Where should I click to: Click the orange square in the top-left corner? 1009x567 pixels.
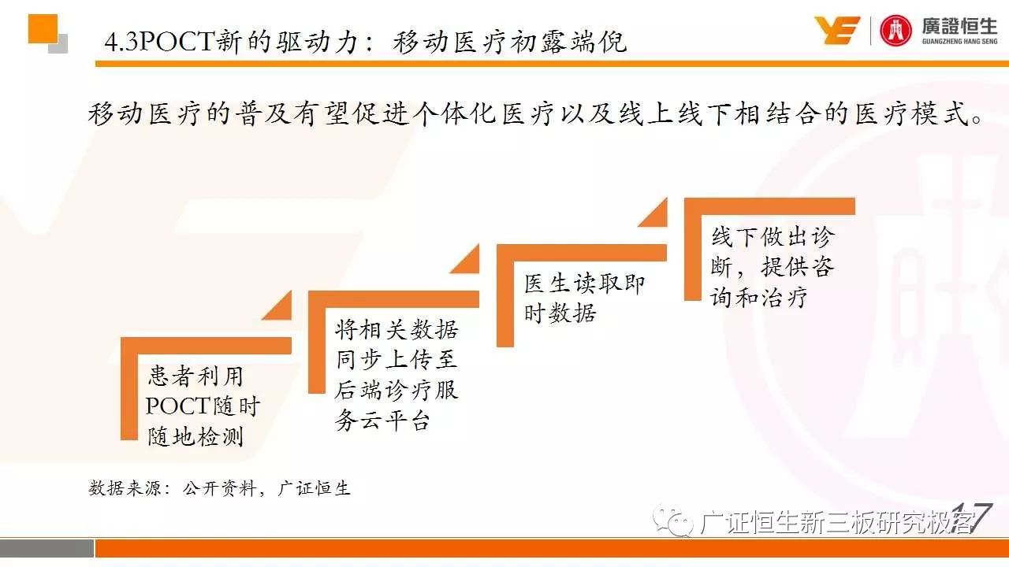pyautogui.click(x=43, y=29)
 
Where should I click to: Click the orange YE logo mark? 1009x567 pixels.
pyautogui.click(x=837, y=30)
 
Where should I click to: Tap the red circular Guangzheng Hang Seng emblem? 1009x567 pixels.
pyautogui.click(x=895, y=31)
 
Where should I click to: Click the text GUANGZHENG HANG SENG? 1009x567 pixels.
pyautogui.click(x=959, y=42)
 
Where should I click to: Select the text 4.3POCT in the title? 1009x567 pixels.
pyautogui.click(x=159, y=43)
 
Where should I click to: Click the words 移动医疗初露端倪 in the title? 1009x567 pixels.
pyautogui.click(x=509, y=43)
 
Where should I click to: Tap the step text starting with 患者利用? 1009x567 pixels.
pyautogui.click(x=203, y=406)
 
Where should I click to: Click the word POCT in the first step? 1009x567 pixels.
pyautogui.click(x=178, y=406)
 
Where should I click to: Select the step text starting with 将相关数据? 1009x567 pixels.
pyautogui.click(x=397, y=375)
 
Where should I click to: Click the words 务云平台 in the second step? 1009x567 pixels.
pyautogui.click(x=382, y=421)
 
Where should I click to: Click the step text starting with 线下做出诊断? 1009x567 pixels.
pyautogui.click(x=773, y=267)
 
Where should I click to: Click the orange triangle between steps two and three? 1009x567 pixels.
pyautogui.click(x=465, y=259)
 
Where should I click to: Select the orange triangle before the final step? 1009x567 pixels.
pyautogui.click(x=653, y=212)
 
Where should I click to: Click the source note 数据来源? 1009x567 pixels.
pyautogui.click(x=219, y=487)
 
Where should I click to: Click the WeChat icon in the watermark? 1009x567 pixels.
pyautogui.click(x=674, y=522)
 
